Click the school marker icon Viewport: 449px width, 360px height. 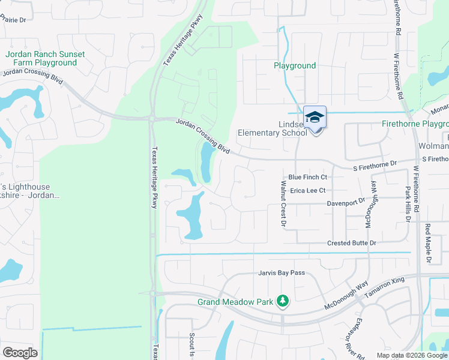point(315,118)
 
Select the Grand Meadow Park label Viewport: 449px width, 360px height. point(235,302)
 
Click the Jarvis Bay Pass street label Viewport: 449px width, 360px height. point(282,273)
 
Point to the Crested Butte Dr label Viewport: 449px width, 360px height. point(352,243)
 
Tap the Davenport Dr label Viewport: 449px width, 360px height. point(346,203)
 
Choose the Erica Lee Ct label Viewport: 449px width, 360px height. point(307,191)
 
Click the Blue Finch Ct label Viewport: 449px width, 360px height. point(307,177)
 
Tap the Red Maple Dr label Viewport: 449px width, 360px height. point(428,243)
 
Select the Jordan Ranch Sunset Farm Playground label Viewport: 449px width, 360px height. point(45,58)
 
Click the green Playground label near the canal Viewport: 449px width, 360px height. point(295,66)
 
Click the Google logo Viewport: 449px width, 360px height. point(20,352)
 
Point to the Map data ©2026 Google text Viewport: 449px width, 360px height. point(411,355)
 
